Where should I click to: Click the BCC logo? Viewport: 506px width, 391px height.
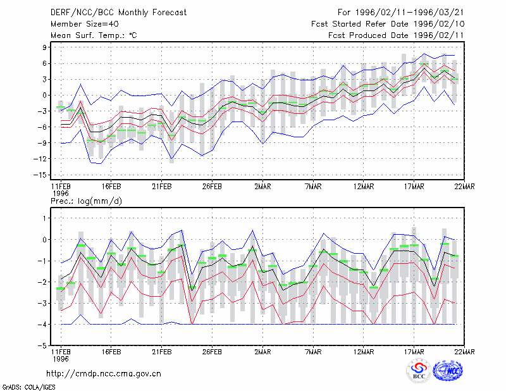tap(419, 371)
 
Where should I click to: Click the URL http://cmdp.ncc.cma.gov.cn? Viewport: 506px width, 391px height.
tap(104, 374)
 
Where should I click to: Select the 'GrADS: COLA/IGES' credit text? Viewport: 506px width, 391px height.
tap(28, 387)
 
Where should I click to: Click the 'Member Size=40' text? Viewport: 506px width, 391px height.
tap(85, 24)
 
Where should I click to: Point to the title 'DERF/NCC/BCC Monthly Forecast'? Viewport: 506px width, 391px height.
tap(118, 13)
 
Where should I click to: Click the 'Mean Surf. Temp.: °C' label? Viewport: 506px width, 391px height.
tap(94, 35)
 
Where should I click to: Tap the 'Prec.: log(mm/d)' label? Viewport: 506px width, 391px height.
tap(86, 201)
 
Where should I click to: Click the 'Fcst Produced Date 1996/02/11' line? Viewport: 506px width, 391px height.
tap(396, 35)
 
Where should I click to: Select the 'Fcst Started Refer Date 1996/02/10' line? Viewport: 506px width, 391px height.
tap(388, 24)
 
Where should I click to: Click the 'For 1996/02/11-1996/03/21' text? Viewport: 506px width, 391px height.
tap(401, 13)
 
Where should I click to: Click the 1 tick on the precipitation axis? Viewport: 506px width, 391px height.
tap(44, 218)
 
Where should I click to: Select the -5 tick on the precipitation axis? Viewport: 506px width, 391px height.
tap(42, 345)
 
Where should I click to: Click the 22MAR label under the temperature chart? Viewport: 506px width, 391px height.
tap(464, 187)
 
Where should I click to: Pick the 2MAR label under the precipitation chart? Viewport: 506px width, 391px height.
tap(262, 352)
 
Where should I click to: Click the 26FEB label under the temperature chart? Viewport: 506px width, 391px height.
tap(212, 187)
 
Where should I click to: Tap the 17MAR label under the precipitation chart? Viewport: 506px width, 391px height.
tap(414, 352)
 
